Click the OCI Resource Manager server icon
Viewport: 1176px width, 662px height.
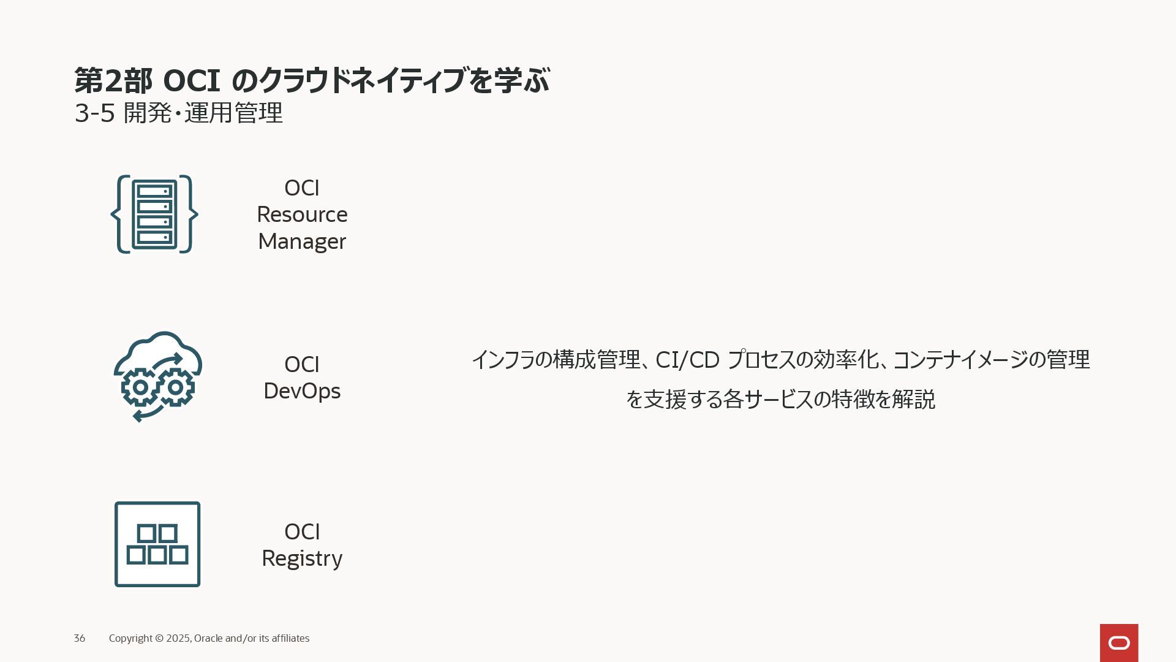154,215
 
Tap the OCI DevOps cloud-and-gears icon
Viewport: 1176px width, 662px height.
157,376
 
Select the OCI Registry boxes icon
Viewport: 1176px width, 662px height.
157,544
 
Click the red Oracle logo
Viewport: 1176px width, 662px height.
1118,642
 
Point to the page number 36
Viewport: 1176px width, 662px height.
80,639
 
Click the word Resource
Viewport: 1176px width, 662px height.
302,215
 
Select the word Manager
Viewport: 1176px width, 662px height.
302,242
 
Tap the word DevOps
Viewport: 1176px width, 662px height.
302,391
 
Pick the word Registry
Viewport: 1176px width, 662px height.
302,558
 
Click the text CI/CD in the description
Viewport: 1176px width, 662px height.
687,360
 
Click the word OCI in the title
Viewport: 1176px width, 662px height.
191,80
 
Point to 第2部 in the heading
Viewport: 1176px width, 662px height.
113,80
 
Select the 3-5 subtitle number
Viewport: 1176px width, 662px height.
94,113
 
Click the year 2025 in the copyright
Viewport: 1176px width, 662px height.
178,639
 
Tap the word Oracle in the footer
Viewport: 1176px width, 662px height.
208,639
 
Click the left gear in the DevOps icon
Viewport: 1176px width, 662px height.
140,387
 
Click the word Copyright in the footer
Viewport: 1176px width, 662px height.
130,639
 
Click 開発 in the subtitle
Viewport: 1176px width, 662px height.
147,113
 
